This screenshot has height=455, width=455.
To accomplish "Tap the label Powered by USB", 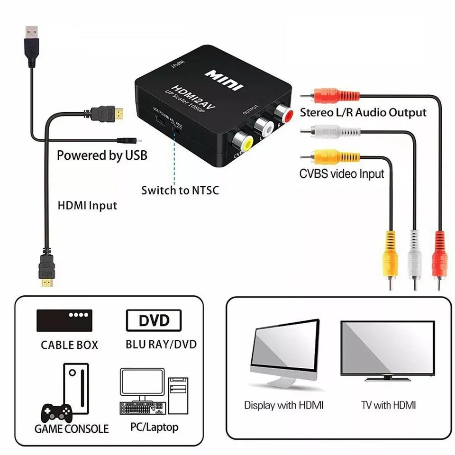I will (102, 155).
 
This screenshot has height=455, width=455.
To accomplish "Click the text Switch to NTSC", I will (180, 191).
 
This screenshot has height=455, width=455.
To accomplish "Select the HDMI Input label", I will (87, 206).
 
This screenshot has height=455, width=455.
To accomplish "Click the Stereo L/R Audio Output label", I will (363, 113).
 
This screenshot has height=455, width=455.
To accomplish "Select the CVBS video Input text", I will (341, 173).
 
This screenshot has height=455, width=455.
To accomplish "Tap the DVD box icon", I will (154, 320).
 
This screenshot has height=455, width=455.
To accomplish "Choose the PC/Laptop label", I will (155, 427).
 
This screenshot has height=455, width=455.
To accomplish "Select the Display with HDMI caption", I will (284, 405).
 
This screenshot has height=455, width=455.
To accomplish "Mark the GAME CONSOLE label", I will (72, 429).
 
